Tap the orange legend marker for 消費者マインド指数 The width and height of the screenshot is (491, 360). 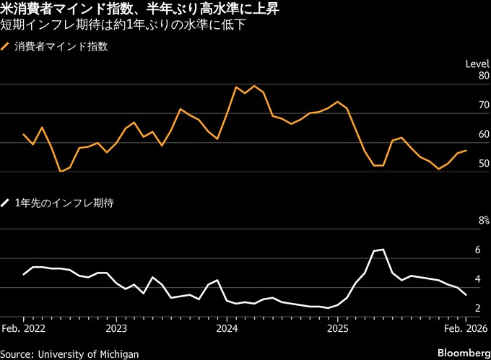6,48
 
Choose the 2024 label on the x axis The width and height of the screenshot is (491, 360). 227,328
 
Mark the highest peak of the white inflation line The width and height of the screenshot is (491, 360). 383,250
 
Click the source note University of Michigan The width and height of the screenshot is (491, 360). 69,353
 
